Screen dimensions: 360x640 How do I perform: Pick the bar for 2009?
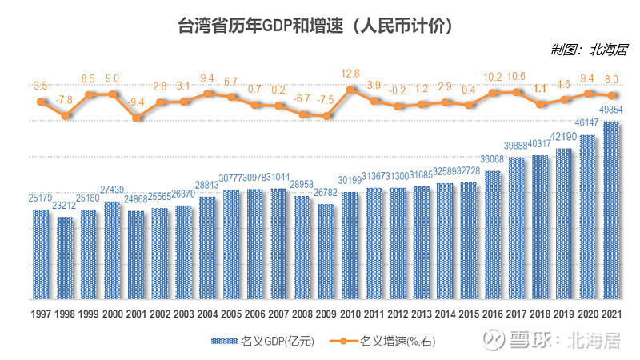(x=326, y=251)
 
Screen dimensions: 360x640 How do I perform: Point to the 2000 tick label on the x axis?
(x=112, y=315)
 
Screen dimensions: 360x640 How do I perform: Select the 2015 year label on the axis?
(x=469, y=315)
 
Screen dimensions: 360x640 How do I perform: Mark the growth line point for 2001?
(x=136, y=118)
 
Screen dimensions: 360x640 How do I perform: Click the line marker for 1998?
(x=65, y=116)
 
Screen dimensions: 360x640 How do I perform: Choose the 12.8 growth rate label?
(x=350, y=74)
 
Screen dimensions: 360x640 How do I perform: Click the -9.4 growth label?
(x=137, y=102)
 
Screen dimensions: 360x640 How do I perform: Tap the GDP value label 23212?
(x=65, y=206)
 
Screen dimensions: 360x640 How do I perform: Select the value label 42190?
(x=564, y=137)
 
